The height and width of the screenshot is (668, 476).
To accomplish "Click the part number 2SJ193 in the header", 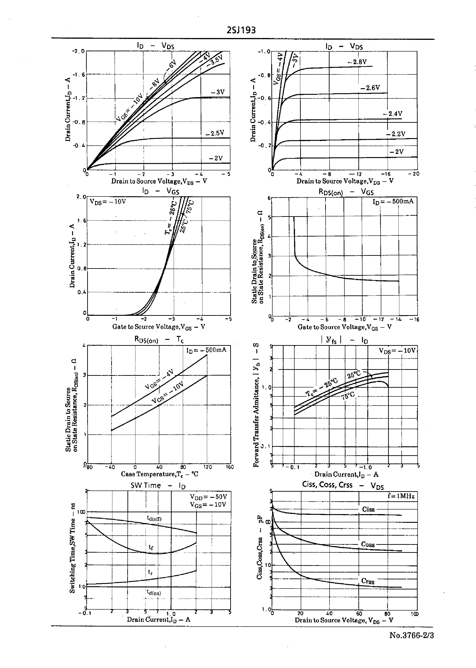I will [x=241, y=30].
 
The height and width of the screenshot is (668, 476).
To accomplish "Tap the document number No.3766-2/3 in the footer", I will [x=411, y=635].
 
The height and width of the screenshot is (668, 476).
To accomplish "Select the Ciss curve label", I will [x=368, y=509].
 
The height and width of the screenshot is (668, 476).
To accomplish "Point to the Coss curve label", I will [x=368, y=545].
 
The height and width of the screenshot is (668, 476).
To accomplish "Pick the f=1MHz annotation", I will [x=401, y=496].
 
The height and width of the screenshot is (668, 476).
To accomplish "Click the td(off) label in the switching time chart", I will [x=154, y=518].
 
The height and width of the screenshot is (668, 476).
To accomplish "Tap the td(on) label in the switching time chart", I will [x=154, y=593].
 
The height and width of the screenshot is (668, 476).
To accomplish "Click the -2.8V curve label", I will [x=357, y=62].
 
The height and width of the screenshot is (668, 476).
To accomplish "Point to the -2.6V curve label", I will [x=370, y=88].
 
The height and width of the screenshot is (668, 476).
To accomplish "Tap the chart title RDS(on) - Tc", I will [x=159, y=340].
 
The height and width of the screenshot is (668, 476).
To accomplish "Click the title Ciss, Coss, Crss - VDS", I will [x=343, y=485].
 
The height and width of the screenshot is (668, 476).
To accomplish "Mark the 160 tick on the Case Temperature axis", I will [x=230, y=467].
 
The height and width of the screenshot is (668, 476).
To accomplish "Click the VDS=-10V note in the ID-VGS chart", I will [x=108, y=202].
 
